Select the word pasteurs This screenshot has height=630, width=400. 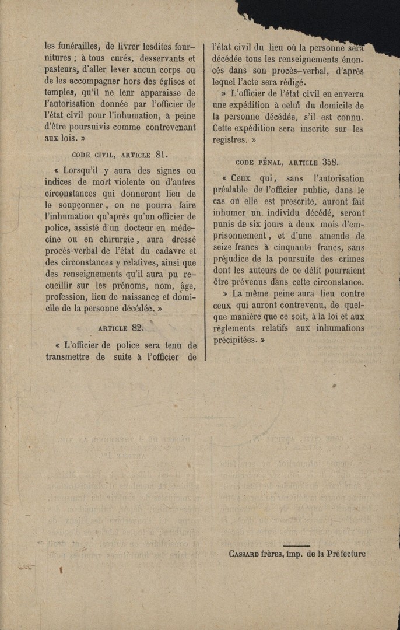click(64, 70)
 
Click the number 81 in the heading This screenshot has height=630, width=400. click(162, 155)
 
